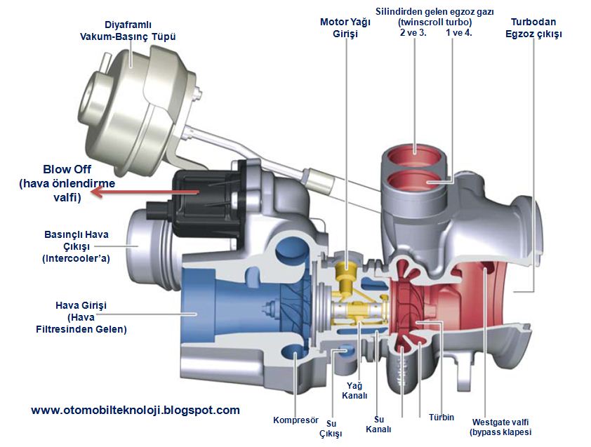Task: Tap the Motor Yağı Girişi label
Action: (x=345, y=27)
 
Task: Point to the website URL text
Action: (x=135, y=410)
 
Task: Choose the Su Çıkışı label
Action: (x=330, y=429)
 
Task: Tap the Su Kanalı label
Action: (x=378, y=423)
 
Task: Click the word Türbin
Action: (x=441, y=417)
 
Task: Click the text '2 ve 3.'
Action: (x=412, y=33)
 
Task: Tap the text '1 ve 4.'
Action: (x=458, y=33)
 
